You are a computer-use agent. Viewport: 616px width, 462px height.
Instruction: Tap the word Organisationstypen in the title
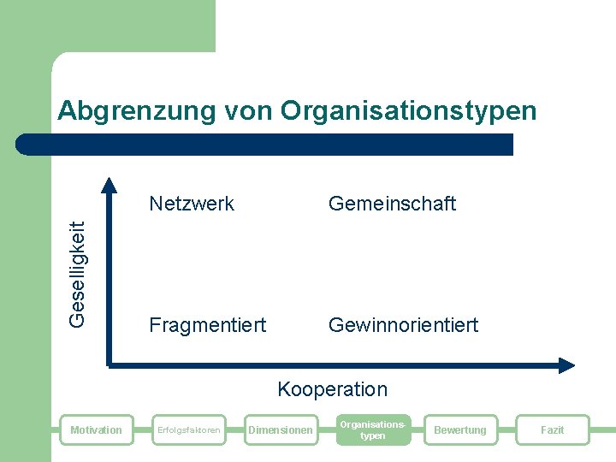408,111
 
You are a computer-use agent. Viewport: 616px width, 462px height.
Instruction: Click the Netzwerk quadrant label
192,204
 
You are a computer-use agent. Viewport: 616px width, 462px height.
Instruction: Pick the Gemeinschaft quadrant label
392,204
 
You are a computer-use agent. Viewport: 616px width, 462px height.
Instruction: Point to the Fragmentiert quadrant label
207,325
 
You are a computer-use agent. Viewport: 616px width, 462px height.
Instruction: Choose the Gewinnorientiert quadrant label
403,325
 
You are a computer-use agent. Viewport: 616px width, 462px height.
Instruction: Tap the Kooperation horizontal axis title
332,389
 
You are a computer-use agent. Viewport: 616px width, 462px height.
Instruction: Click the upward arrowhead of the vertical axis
109,184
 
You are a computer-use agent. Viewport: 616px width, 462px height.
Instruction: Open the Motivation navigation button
96,429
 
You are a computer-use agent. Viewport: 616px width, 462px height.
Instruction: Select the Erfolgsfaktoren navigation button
187,429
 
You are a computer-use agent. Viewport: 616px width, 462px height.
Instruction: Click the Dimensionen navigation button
280,429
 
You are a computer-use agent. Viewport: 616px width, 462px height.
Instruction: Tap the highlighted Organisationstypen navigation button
372,429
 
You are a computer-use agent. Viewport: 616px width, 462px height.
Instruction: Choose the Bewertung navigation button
460,429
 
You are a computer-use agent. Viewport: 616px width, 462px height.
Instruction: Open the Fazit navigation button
552,429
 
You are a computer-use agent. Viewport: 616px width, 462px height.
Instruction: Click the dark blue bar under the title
274,144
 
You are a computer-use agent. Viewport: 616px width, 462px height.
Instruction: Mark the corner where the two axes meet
110,364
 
